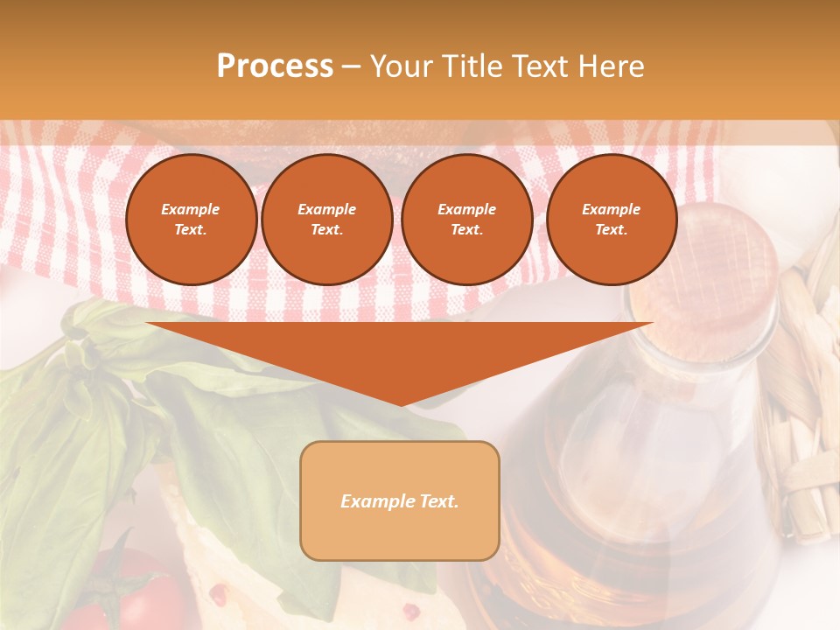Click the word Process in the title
275,66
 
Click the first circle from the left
191,220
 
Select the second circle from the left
327,220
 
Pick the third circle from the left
467,220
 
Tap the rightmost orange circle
612,220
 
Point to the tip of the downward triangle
400,404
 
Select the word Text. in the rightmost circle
611,230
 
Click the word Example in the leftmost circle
191,209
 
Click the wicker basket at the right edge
809,394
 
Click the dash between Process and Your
352,66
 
